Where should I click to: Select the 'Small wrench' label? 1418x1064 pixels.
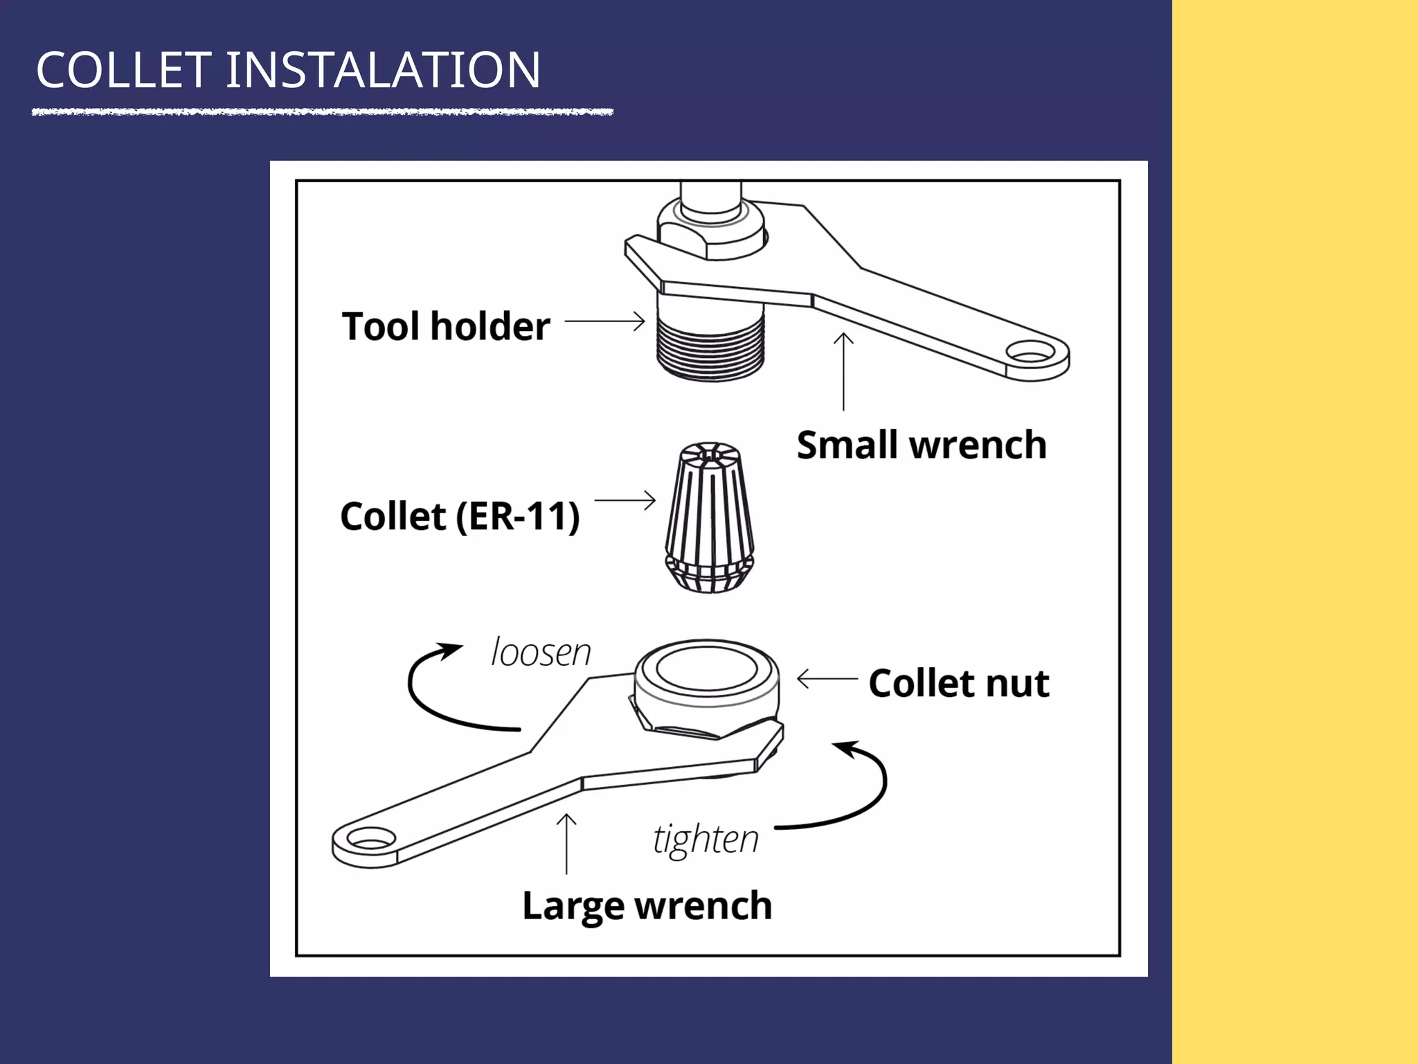click(x=921, y=445)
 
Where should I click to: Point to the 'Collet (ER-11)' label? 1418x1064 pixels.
click(x=460, y=516)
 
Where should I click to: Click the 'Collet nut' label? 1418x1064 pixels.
click(x=959, y=683)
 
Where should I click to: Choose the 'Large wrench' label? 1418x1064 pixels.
click(x=647, y=905)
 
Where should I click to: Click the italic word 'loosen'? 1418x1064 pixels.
click(x=541, y=653)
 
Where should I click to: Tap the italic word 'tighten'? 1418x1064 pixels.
click(x=706, y=839)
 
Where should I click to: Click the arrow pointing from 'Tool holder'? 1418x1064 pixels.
click(x=604, y=321)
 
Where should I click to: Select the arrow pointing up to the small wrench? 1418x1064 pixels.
click(x=843, y=371)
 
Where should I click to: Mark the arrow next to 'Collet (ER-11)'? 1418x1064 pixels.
click(x=625, y=500)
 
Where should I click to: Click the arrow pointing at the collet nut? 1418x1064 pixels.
click(x=827, y=679)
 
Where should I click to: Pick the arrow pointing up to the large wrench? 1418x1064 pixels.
click(x=566, y=843)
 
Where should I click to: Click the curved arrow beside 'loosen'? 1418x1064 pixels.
click(x=436, y=693)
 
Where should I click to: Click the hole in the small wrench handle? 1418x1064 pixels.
click(x=1031, y=353)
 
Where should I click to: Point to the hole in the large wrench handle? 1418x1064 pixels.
click(x=371, y=840)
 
